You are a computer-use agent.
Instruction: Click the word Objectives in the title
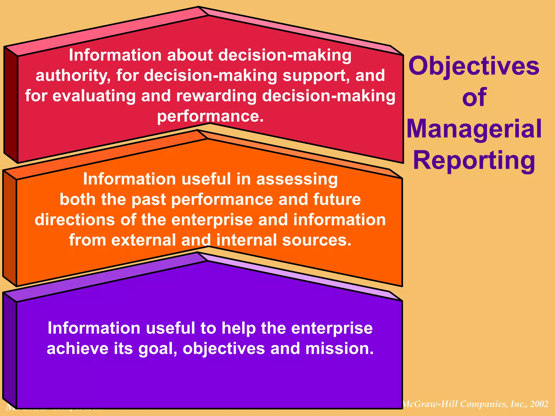click(x=474, y=67)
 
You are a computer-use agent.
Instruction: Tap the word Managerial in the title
click(x=474, y=129)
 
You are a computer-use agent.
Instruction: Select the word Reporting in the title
click(x=474, y=160)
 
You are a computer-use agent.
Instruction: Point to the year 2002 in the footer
click(x=539, y=404)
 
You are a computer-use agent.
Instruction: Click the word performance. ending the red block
click(x=210, y=116)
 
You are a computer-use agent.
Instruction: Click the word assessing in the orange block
click(x=297, y=179)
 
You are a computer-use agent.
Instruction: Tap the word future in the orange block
click(x=337, y=200)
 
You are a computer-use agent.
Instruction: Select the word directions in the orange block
click(x=75, y=220)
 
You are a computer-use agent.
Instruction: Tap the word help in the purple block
click(x=238, y=328)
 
